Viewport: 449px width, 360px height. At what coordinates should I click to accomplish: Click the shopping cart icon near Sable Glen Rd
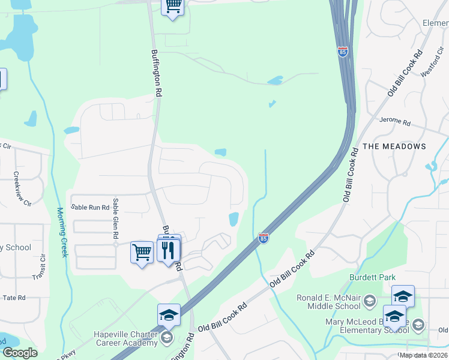[142, 252]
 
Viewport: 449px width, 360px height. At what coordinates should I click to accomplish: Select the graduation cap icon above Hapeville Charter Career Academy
[169, 314]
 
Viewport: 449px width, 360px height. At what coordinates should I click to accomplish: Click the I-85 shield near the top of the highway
[342, 52]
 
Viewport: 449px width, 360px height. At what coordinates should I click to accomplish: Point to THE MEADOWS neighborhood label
[394, 146]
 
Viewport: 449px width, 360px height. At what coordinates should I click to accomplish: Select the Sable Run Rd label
[90, 207]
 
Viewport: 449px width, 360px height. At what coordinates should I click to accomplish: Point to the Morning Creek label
[62, 233]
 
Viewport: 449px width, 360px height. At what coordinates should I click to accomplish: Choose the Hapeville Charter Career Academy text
[125, 339]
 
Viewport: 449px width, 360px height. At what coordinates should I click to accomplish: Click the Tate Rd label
[13, 298]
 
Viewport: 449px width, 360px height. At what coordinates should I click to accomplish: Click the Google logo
[20, 353]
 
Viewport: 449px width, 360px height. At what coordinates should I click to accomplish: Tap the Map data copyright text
[423, 355]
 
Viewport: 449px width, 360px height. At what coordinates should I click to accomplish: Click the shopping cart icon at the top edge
[173, 6]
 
